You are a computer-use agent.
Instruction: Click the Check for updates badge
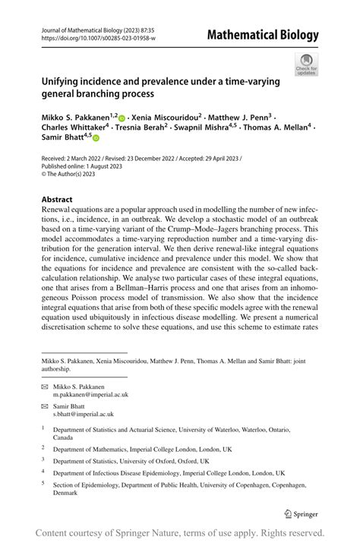(306, 64)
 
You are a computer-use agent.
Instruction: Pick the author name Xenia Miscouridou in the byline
(165, 119)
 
